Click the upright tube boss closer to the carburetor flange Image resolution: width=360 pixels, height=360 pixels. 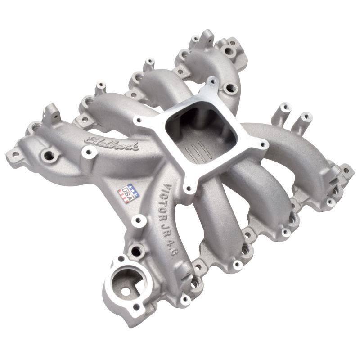click(283, 108)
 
